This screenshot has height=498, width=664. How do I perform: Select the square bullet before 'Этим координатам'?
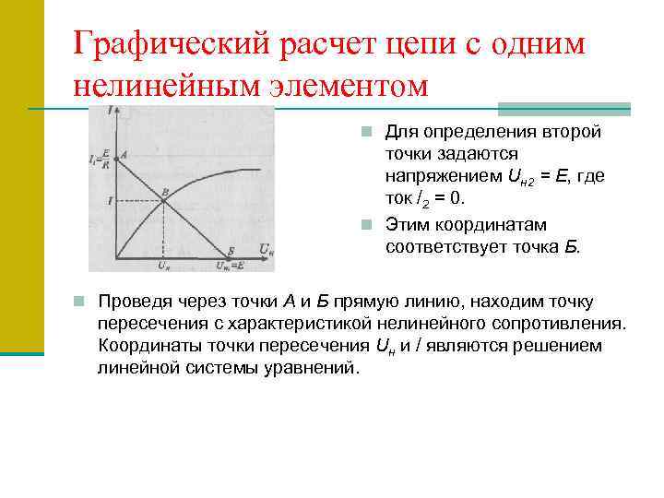pos(366,225)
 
